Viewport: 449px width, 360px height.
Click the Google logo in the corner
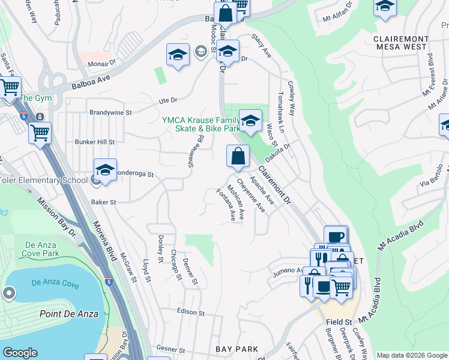19,353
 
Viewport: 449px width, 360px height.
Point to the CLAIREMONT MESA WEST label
401,43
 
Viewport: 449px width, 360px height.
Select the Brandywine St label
110,112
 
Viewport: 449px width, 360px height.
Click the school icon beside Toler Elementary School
105,170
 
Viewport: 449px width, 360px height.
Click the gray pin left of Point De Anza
9,293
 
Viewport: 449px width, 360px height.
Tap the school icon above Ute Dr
178,55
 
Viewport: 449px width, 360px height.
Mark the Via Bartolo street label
431,174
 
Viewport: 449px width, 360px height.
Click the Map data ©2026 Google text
411,355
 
